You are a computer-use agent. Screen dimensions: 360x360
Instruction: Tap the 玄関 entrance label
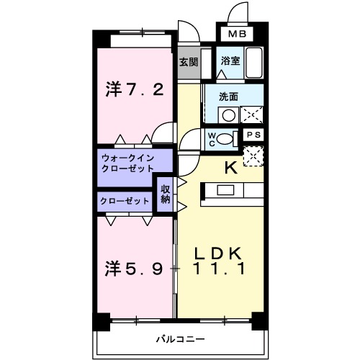pos(188,62)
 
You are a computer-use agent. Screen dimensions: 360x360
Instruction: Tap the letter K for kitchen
pos(231,168)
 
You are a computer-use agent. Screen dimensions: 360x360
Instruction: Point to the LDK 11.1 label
pos(220,262)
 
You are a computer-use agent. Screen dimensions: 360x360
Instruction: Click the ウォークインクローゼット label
pos(127,162)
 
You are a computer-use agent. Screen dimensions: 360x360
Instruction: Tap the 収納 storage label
pos(166,194)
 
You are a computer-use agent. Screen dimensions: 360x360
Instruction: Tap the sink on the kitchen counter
pos(225,190)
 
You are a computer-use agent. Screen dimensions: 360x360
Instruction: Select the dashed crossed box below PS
pos(253,156)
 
